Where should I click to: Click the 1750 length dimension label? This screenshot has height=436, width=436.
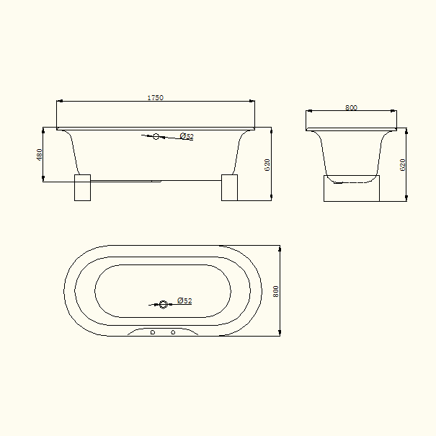(155, 97)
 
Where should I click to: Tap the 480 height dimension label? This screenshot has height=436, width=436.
(39, 155)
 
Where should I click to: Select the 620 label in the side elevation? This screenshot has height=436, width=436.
(267, 165)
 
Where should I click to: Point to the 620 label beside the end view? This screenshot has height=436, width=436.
(402, 165)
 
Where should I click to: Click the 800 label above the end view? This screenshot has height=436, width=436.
(351, 107)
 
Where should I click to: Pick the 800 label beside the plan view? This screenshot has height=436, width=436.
(275, 291)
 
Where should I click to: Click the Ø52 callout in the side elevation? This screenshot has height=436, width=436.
(187, 136)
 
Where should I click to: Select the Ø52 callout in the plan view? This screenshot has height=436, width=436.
(184, 301)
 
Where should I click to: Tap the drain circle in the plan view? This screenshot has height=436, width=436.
(163, 304)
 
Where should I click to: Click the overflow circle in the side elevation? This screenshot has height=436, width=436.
(156, 136)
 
